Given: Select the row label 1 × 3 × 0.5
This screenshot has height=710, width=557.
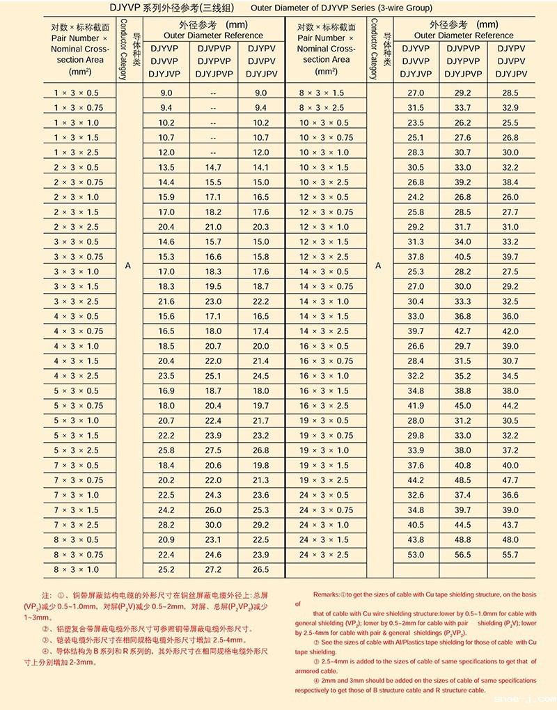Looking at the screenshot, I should click(x=77, y=93).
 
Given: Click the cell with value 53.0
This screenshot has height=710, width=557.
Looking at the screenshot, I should click(x=416, y=555).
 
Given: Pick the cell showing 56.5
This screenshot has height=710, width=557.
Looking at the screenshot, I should click(x=463, y=555).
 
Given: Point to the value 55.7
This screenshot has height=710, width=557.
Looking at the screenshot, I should click(x=510, y=555).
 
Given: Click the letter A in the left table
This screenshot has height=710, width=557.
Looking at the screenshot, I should click(x=128, y=266).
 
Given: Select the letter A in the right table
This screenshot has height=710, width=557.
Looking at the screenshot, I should click(x=378, y=266).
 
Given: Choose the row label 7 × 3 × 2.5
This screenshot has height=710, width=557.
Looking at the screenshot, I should click(x=77, y=525).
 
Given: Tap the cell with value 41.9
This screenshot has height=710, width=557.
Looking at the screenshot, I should click(x=416, y=406).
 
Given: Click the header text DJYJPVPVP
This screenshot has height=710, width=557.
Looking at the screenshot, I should click(x=463, y=74).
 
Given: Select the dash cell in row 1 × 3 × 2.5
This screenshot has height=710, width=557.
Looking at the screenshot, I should click(x=213, y=152).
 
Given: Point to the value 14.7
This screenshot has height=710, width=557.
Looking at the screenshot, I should click(x=213, y=168).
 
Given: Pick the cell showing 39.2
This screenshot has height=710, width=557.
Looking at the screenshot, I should click(x=463, y=182).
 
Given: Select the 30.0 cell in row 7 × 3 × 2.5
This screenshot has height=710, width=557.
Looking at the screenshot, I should click(x=213, y=525).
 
